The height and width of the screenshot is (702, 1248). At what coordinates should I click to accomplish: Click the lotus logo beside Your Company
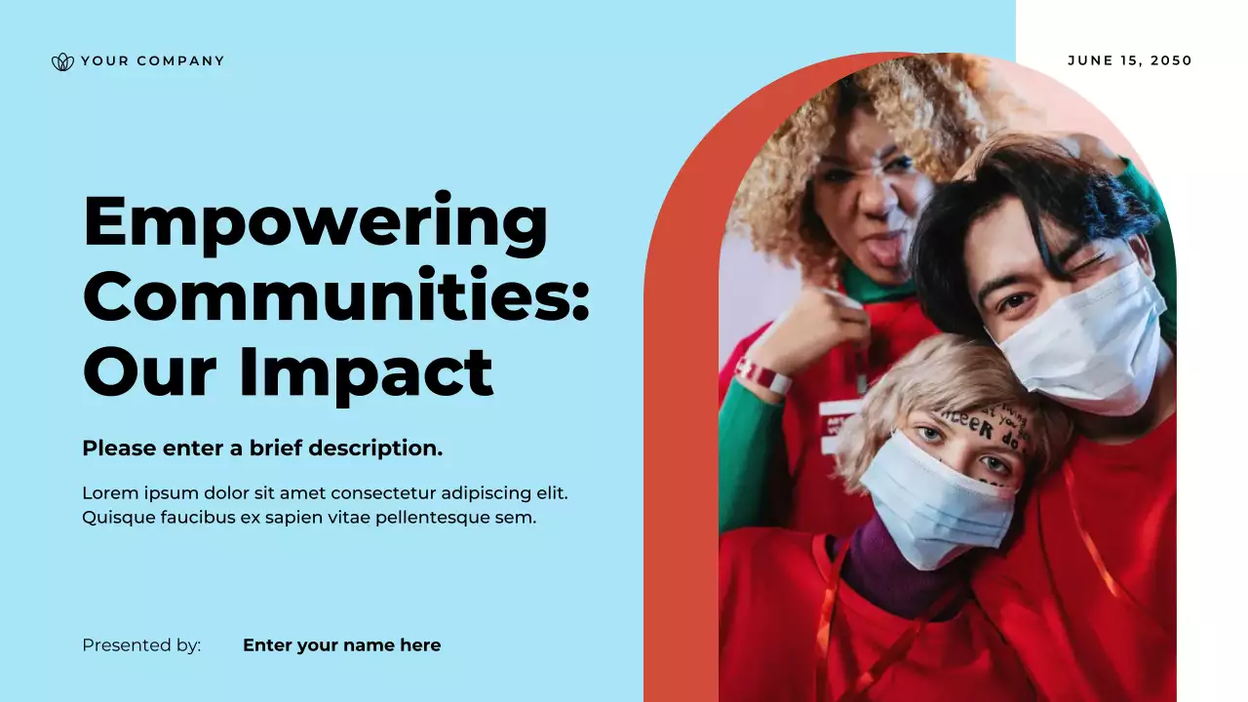click(x=62, y=61)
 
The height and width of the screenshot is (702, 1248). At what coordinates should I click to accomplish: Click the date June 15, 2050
click(x=1130, y=60)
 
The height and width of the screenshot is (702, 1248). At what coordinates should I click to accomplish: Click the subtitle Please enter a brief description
click(x=262, y=448)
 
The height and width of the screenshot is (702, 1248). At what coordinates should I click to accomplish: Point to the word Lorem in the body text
click(x=108, y=493)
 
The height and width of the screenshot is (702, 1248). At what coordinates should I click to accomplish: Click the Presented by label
click(x=141, y=645)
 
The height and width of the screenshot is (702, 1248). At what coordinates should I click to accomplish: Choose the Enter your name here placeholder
click(x=341, y=645)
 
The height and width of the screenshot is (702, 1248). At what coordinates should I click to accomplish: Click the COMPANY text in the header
click(x=180, y=61)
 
